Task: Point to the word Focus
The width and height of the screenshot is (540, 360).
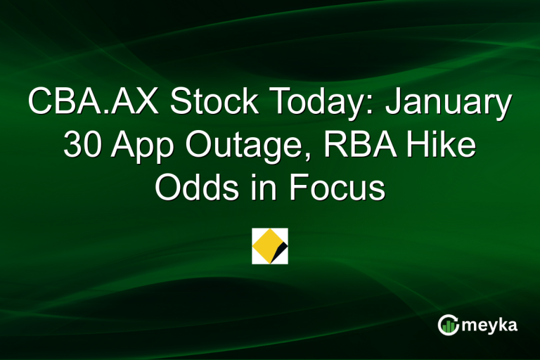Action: [x=336, y=188]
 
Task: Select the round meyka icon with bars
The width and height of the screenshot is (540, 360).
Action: [x=447, y=324]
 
